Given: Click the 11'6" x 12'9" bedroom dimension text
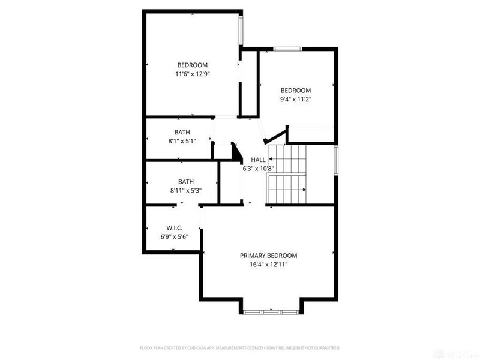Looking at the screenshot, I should point(192,74).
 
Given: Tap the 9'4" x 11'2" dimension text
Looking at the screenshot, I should point(296,100).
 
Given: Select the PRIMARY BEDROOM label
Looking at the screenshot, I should point(269,256).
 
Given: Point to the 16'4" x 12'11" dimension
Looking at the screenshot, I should point(269,265).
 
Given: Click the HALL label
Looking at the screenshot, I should point(258,160).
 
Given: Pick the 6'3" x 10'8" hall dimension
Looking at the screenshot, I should point(258,169).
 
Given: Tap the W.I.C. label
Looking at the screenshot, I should point(174,228).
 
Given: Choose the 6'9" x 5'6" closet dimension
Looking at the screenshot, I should point(174,237).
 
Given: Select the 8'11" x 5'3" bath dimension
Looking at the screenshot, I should point(185,191).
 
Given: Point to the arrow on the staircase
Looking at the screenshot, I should point(305,190).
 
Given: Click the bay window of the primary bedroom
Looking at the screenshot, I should point(272,311).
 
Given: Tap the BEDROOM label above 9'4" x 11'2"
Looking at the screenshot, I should point(296,91).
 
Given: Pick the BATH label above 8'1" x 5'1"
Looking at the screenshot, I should point(182,132).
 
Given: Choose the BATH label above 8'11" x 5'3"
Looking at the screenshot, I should point(185,182).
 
